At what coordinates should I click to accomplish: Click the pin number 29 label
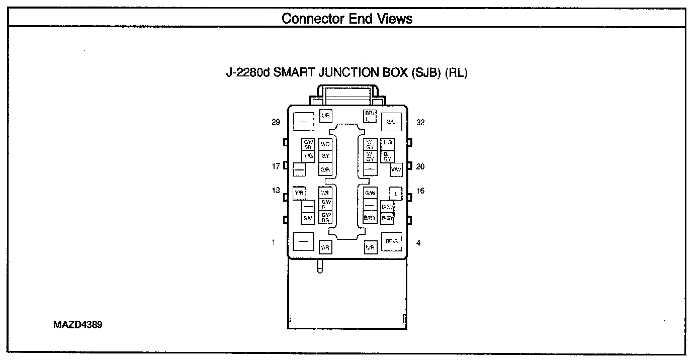[x=276, y=122]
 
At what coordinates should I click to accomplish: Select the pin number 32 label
[x=420, y=122]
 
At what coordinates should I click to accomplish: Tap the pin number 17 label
[x=276, y=166]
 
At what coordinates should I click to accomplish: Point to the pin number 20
[x=420, y=166]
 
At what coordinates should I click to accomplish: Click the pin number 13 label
[x=276, y=191]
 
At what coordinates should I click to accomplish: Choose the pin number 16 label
[x=420, y=191]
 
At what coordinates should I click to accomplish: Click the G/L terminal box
[x=391, y=122]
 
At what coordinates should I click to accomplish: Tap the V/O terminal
[x=325, y=144]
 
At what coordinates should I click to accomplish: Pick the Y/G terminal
[x=308, y=156]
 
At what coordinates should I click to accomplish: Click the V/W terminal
[x=396, y=170]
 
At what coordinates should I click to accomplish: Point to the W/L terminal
[x=325, y=193]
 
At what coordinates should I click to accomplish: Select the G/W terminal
[x=370, y=193]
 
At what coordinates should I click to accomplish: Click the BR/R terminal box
[x=391, y=241]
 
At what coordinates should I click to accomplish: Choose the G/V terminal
[x=308, y=218]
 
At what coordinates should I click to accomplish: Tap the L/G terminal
[x=387, y=144]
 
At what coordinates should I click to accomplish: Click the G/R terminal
[x=325, y=170]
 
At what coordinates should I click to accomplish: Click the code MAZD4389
[x=78, y=325]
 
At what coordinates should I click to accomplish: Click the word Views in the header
[x=396, y=19]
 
